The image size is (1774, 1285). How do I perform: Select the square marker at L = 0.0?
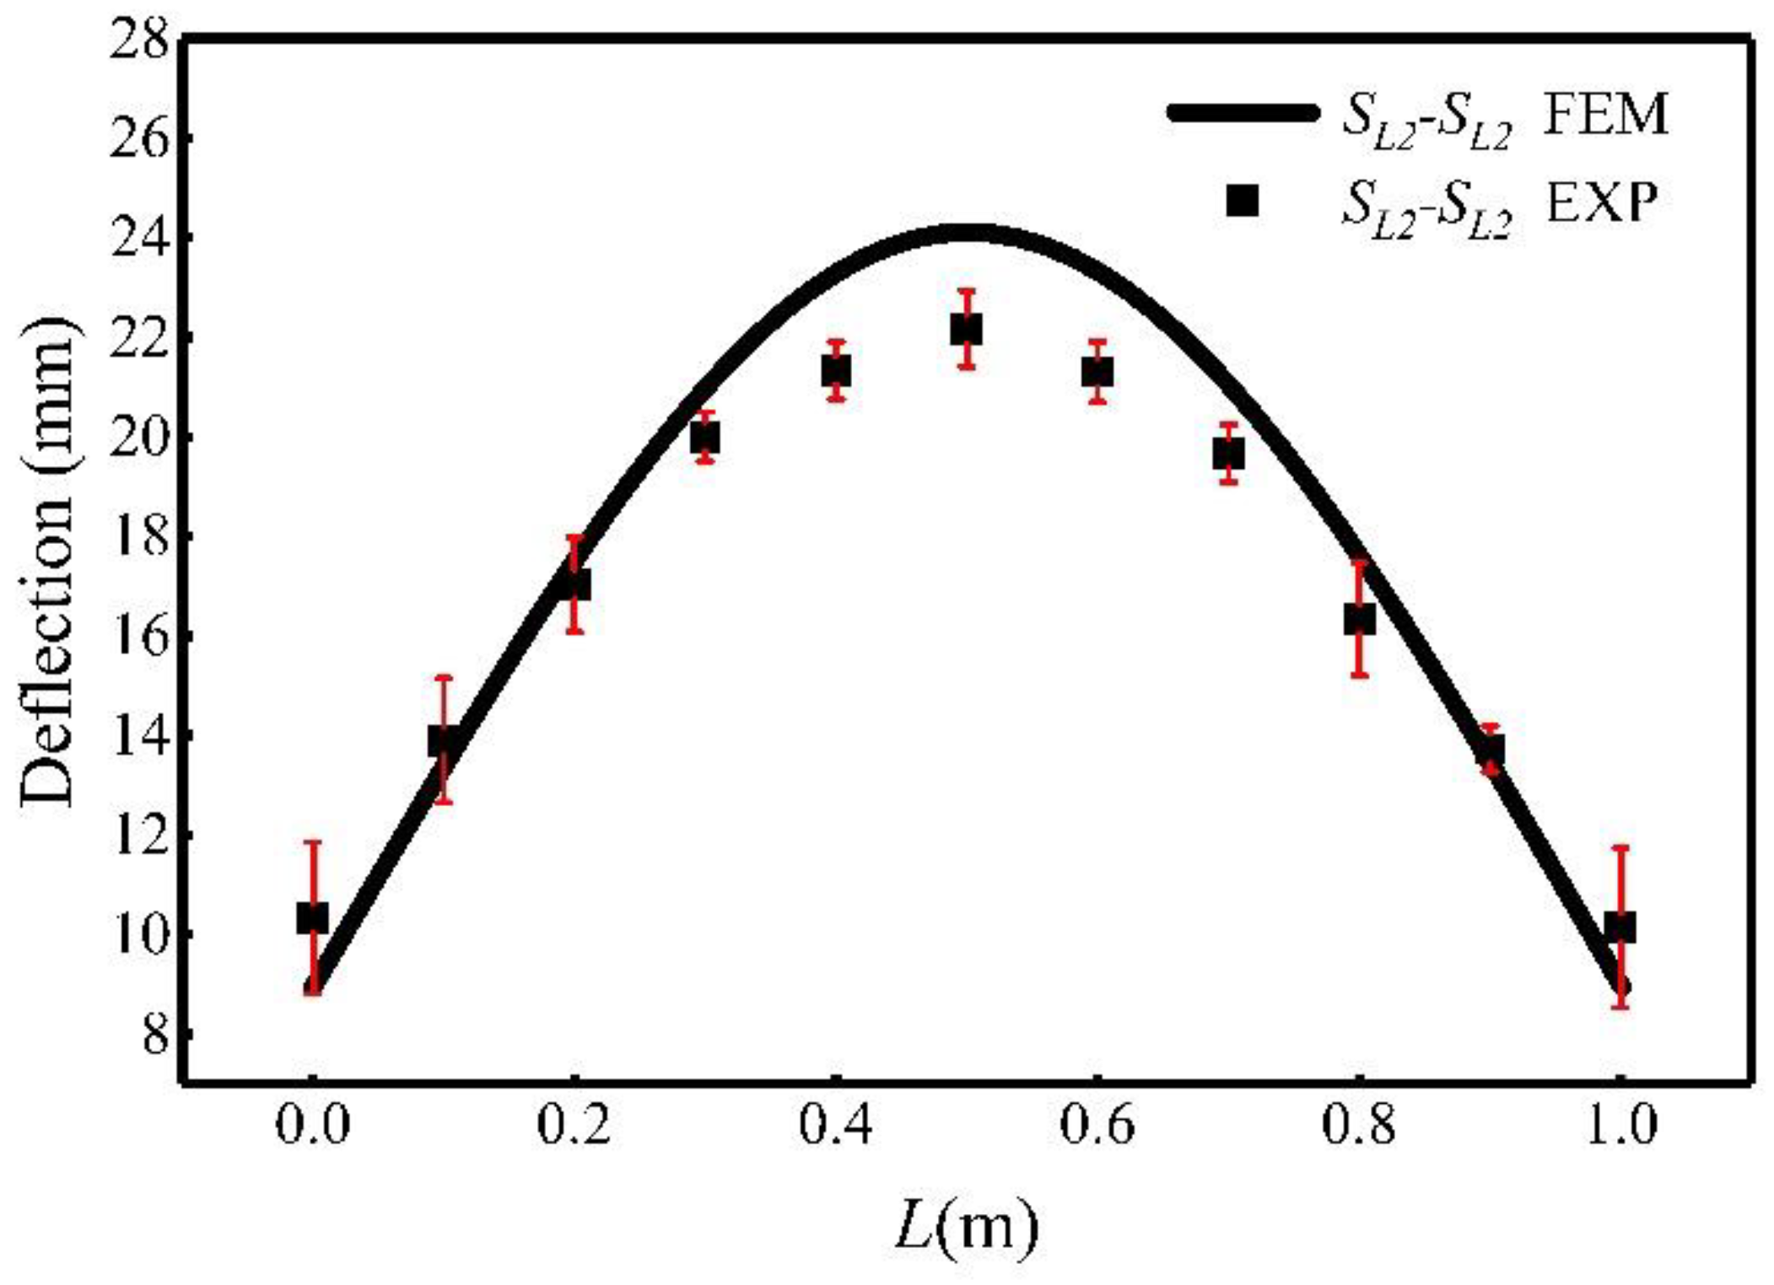312,918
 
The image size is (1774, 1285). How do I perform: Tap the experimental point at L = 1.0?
1620,927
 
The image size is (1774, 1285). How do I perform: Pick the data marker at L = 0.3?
705,438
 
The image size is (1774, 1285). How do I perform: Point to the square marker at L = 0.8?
1359,620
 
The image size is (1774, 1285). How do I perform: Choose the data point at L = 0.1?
444,740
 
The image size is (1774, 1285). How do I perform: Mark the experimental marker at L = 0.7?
1228,454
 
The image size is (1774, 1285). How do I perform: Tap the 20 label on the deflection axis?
139,438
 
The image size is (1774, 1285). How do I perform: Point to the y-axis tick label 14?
139,736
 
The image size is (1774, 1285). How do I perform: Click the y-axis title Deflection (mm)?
49,561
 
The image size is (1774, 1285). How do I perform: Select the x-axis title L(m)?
966,1227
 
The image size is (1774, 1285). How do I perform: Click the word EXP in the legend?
1602,203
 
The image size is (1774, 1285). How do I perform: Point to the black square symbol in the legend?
1242,202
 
